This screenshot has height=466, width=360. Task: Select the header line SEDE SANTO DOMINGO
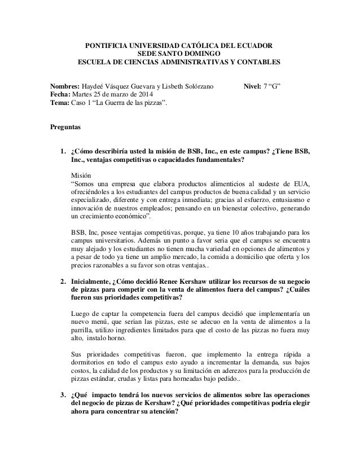179,52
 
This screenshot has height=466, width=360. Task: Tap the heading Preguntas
67,128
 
